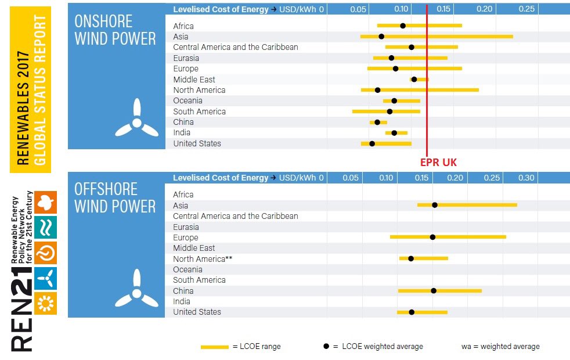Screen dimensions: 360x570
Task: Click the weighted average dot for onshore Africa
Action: pyautogui.click(x=403, y=26)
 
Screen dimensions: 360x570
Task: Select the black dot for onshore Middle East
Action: pyautogui.click(x=414, y=79)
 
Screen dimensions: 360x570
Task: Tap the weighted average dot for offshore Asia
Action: pyautogui.click(x=435, y=205)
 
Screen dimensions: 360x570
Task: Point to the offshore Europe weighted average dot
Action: pyautogui.click(x=432, y=237)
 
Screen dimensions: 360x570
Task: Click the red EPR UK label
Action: pyautogui.click(x=438, y=163)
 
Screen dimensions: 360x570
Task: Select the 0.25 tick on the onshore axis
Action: pyautogui.click(x=526, y=9)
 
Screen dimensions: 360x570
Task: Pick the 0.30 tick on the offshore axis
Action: pyautogui.click(x=526, y=178)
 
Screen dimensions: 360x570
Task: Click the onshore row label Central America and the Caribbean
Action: pyautogui.click(x=235, y=47)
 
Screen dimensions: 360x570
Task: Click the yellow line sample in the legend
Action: pyautogui.click(x=214, y=347)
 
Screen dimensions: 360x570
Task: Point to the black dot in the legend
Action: pyautogui.click(x=326, y=346)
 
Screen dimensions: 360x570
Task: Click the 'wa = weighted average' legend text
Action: pyautogui.click(x=500, y=347)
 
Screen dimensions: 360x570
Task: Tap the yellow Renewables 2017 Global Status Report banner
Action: pyautogui.click(x=31, y=90)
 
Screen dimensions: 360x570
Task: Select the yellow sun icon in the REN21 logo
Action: pyautogui.click(x=45, y=303)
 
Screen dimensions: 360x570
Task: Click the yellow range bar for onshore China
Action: pyautogui.click(x=378, y=122)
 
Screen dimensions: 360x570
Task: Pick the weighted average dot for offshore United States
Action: pyautogui.click(x=412, y=312)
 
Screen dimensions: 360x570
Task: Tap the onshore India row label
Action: pyautogui.click(x=182, y=133)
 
